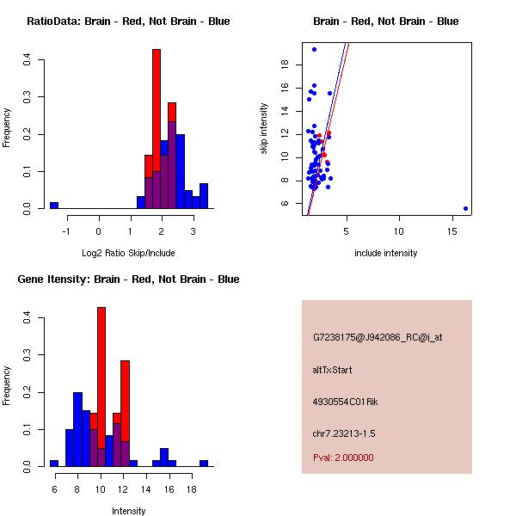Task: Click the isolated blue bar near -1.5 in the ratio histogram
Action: (x=53, y=206)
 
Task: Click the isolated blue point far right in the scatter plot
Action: (x=465, y=208)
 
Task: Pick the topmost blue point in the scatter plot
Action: (x=314, y=49)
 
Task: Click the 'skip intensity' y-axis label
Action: (x=264, y=129)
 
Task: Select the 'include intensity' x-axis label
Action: (x=386, y=253)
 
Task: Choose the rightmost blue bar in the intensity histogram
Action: (x=204, y=463)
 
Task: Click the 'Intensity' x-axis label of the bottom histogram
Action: (x=128, y=511)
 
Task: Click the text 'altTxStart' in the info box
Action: (x=332, y=370)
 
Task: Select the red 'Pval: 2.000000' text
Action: (x=343, y=458)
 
